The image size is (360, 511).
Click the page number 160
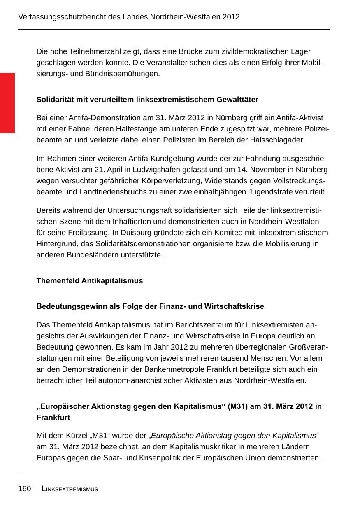tap(24, 489)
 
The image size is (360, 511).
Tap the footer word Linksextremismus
tap(70, 489)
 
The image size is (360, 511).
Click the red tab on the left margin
tap(7, 103)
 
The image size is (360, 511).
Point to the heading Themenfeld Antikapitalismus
tap(90, 281)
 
